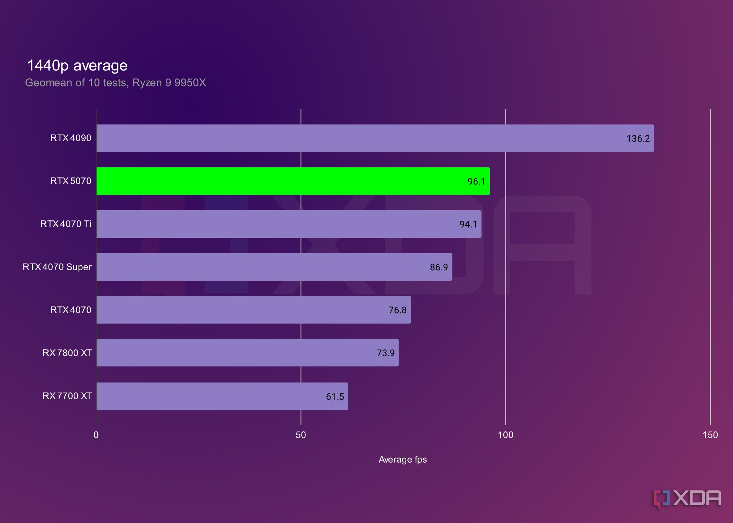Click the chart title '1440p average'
click(x=77, y=66)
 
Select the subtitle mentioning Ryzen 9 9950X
click(x=116, y=83)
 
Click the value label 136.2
click(x=638, y=138)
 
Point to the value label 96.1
click(x=476, y=181)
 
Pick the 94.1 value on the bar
click(x=468, y=224)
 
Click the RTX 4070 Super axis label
click(x=57, y=267)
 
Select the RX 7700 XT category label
click(x=67, y=396)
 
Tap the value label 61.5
click(x=335, y=397)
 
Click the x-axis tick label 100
click(x=505, y=435)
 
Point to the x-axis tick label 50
click(x=301, y=435)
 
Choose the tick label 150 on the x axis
click(x=710, y=435)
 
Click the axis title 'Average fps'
click(x=402, y=460)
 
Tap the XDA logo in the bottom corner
click(x=687, y=499)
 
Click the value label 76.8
click(x=398, y=310)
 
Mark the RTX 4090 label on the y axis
click(x=71, y=138)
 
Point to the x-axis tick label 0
click(x=96, y=435)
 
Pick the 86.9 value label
click(x=439, y=267)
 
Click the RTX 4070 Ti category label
click(x=66, y=224)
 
